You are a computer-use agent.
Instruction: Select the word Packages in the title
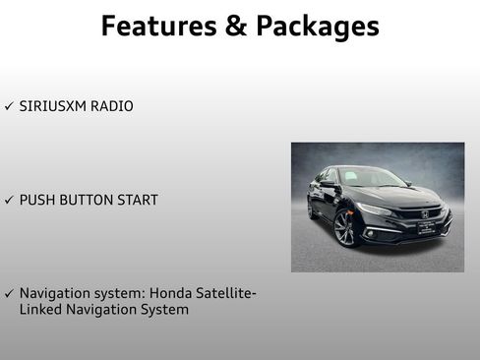click(317, 27)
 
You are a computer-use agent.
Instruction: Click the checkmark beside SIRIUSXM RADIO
click(9, 105)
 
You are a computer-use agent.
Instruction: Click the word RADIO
click(112, 105)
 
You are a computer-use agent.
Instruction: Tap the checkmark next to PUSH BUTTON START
click(9, 200)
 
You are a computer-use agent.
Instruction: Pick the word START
click(140, 200)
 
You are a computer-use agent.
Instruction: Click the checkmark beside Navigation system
click(9, 294)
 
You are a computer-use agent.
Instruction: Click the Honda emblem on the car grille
click(424, 213)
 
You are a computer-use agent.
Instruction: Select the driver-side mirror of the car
click(329, 185)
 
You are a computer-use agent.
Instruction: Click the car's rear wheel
click(310, 210)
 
